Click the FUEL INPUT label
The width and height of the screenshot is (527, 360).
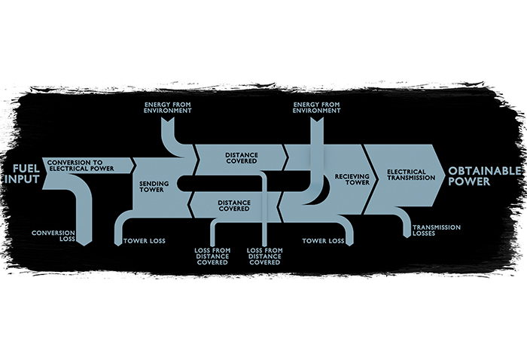(22, 174)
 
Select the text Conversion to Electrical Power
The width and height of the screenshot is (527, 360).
(81, 166)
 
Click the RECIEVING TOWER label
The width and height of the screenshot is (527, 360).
(352, 179)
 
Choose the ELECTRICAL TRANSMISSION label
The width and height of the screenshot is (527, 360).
(411, 175)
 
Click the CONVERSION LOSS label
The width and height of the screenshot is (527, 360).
(53, 236)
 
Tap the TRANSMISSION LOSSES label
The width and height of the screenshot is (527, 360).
(437, 230)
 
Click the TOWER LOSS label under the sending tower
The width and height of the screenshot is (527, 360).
(145, 241)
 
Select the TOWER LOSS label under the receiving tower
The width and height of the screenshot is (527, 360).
(323, 241)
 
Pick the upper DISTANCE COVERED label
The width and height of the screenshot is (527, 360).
(242, 158)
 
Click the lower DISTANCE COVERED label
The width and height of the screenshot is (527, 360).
(234, 206)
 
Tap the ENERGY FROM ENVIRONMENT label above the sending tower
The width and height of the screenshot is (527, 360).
(168, 108)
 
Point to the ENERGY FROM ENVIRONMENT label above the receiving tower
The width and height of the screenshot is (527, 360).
(317, 108)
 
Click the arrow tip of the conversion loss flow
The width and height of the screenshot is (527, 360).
(85, 246)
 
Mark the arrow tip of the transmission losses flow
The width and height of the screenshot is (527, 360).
(407, 238)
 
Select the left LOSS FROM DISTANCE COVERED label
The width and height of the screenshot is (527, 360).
(212, 256)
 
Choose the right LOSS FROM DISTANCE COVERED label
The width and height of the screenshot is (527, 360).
(265, 256)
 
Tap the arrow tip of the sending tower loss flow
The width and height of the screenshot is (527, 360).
(117, 246)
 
